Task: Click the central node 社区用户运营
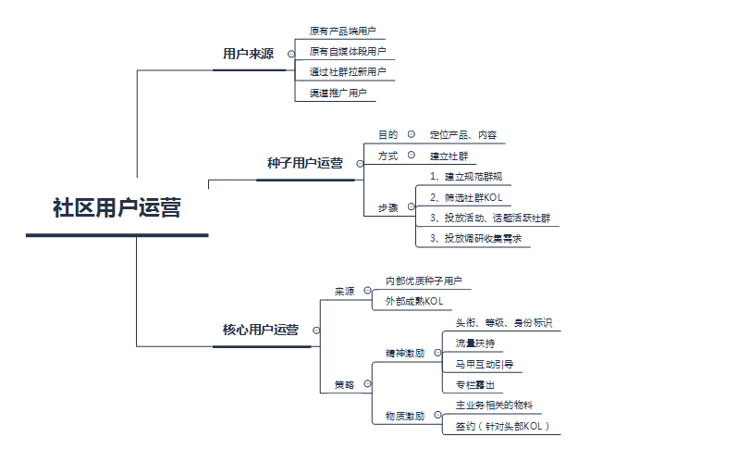[x=117, y=207]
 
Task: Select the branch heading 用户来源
[x=248, y=54]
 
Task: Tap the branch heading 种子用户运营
[x=304, y=163]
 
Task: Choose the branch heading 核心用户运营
[x=261, y=330]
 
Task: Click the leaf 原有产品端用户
[x=342, y=31]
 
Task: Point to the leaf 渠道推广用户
[x=338, y=93]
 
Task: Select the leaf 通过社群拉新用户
[x=348, y=72]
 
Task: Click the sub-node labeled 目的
[x=387, y=135]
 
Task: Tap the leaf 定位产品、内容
[x=463, y=135]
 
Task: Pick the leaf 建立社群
[x=449, y=156]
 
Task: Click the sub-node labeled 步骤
[x=387, y=207]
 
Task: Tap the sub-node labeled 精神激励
[x=405, y=353]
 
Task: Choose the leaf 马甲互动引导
[x=485, y=364]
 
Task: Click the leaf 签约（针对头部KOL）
[x=502, y=426]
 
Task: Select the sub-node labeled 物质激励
[x=405, y=416]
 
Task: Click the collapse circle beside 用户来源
[x=291, y=54]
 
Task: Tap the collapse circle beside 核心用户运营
[x=317, y=330]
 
